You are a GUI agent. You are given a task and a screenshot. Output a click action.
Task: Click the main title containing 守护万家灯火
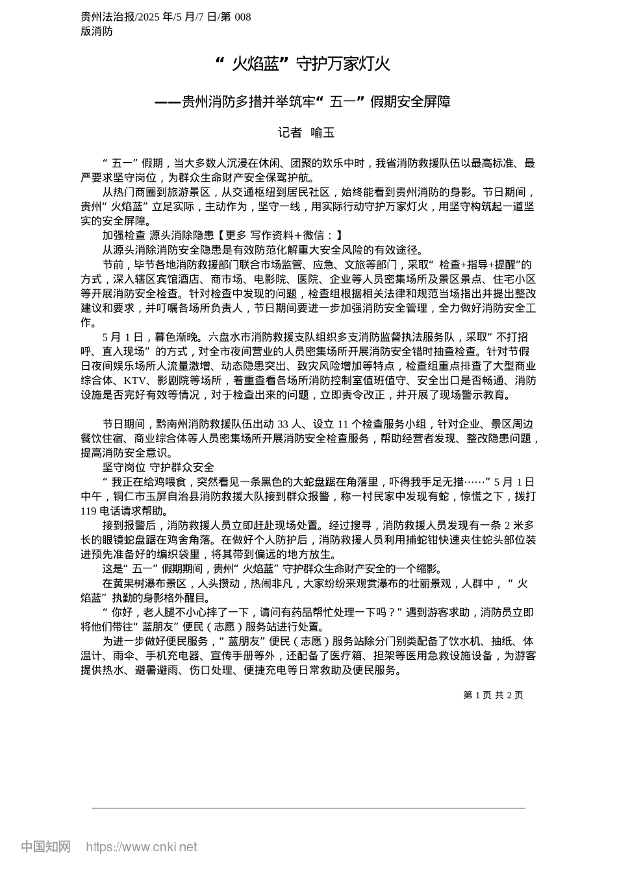303,64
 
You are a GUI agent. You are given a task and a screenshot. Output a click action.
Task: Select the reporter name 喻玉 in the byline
323,133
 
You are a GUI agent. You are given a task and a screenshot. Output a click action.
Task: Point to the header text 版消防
97,31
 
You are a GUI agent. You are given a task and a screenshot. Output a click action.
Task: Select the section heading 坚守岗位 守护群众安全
158,467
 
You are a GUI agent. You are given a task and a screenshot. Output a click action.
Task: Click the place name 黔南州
173,424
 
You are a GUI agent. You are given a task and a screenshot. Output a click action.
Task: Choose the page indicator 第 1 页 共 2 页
493,695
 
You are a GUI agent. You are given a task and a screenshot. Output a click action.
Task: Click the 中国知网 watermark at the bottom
45,847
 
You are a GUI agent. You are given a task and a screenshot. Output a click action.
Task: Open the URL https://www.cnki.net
142,847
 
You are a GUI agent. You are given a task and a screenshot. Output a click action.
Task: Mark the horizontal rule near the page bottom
308,808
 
